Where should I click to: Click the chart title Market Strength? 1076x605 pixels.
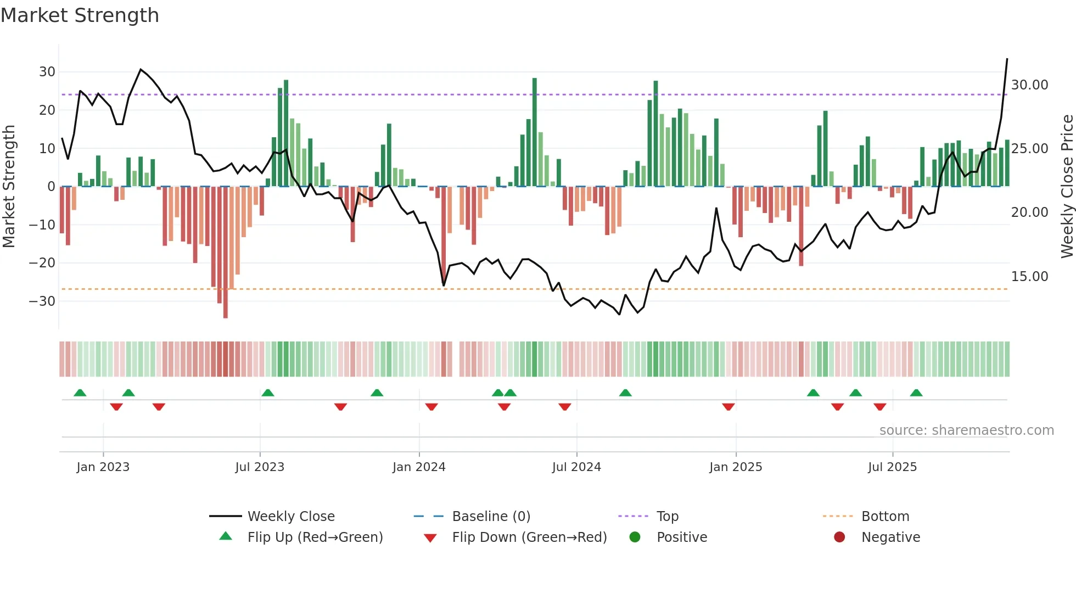80,15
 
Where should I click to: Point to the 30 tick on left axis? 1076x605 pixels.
47,72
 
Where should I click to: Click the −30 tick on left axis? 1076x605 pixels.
43,301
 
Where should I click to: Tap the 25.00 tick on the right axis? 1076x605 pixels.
1029,149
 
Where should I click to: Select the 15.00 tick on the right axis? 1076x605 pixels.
1029,277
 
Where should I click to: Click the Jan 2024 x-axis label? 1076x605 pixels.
419,467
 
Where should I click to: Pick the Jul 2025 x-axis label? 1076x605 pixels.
892,467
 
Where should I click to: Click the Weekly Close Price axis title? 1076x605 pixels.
1067,186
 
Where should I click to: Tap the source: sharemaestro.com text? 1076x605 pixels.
966,430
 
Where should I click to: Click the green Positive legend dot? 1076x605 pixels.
635,537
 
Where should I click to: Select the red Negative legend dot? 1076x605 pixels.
839,537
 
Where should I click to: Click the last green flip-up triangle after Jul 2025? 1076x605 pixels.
916,393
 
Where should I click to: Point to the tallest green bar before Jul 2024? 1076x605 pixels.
535,132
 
